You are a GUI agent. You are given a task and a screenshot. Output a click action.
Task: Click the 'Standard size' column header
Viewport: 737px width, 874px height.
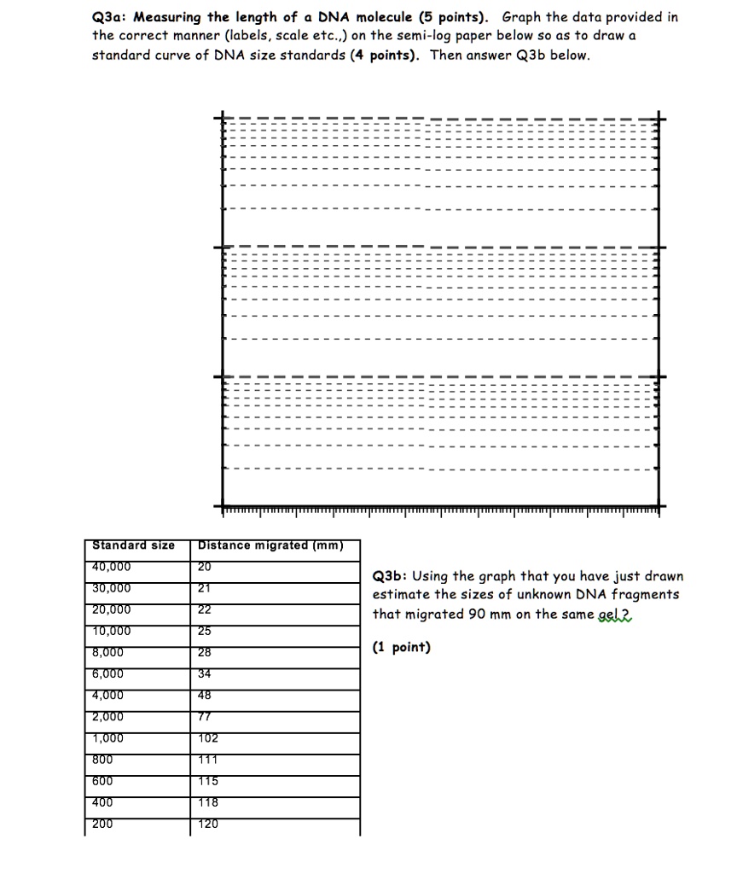133,545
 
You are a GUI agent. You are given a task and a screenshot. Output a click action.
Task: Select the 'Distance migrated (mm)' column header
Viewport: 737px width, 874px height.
270,545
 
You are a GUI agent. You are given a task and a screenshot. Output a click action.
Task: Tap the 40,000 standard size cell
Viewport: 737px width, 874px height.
112,567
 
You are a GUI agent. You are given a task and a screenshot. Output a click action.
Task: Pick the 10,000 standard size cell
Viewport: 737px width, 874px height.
112,631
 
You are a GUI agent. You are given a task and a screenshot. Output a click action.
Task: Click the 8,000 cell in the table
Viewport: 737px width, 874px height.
108,652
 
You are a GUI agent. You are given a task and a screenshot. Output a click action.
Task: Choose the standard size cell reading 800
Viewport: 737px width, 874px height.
102,760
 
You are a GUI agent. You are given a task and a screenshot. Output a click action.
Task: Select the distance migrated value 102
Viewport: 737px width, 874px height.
207,738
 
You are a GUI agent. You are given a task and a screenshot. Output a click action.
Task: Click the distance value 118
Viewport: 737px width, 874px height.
207,802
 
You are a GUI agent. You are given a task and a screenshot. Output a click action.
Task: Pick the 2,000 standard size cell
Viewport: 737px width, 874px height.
108,717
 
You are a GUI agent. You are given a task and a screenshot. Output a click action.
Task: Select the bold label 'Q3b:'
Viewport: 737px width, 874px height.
391,576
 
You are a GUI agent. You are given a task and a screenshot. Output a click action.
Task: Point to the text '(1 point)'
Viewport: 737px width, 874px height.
402,647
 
